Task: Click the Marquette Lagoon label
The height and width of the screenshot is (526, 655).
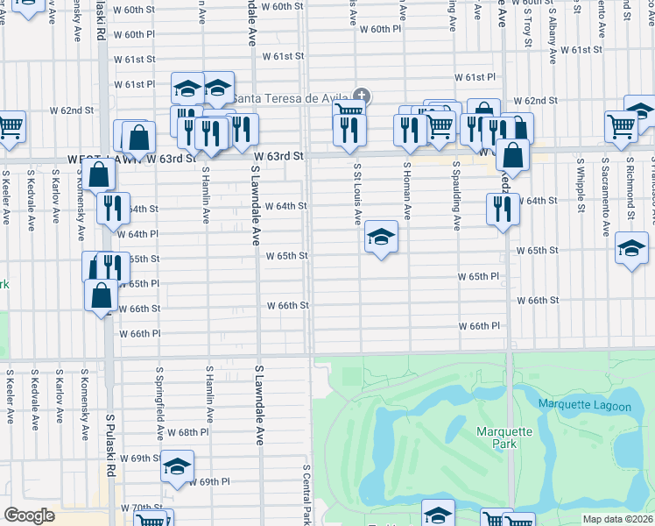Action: (x=584, y=404)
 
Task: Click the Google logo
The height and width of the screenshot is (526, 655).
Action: (x=29, y=515)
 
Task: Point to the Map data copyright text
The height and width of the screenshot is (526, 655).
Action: (x=618, y=519)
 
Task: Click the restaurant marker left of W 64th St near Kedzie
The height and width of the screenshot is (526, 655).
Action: (x=502, y=209)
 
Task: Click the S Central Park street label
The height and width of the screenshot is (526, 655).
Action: (x=307, y=495)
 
